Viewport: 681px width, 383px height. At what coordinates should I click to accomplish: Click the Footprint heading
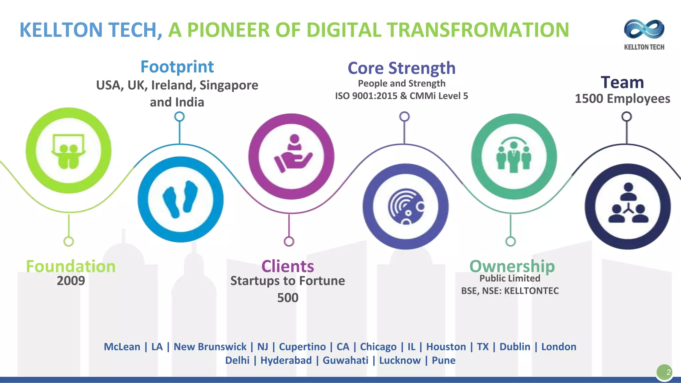tap(177, 67)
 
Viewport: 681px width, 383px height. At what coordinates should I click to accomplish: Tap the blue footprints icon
tap(181, 199)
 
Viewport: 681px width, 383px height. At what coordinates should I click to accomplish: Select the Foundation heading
tap(71, 266)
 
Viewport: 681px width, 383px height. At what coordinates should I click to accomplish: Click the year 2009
tap(71, 281)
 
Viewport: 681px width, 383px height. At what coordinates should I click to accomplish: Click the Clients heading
tap(288, 266)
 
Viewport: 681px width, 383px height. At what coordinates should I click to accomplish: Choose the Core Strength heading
tap(401, 68)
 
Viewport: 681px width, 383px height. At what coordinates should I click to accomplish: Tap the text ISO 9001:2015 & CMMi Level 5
tap(401, 96)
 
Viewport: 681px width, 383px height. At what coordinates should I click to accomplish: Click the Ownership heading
tap(512, 266)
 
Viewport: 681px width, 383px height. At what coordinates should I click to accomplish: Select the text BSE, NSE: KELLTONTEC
tap(510, 291)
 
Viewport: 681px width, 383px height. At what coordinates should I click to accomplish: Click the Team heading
tap(622, 82)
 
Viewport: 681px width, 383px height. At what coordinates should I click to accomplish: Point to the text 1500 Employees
tap(622, 99)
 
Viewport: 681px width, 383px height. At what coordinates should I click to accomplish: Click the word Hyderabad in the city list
tap(286, 360)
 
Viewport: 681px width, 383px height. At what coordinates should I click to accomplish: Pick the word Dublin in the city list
tap(515, 347)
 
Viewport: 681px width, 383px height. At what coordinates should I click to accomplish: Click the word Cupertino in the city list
tap(302, 347)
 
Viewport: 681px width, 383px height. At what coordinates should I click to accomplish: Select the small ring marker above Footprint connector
tap(180, 117)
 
